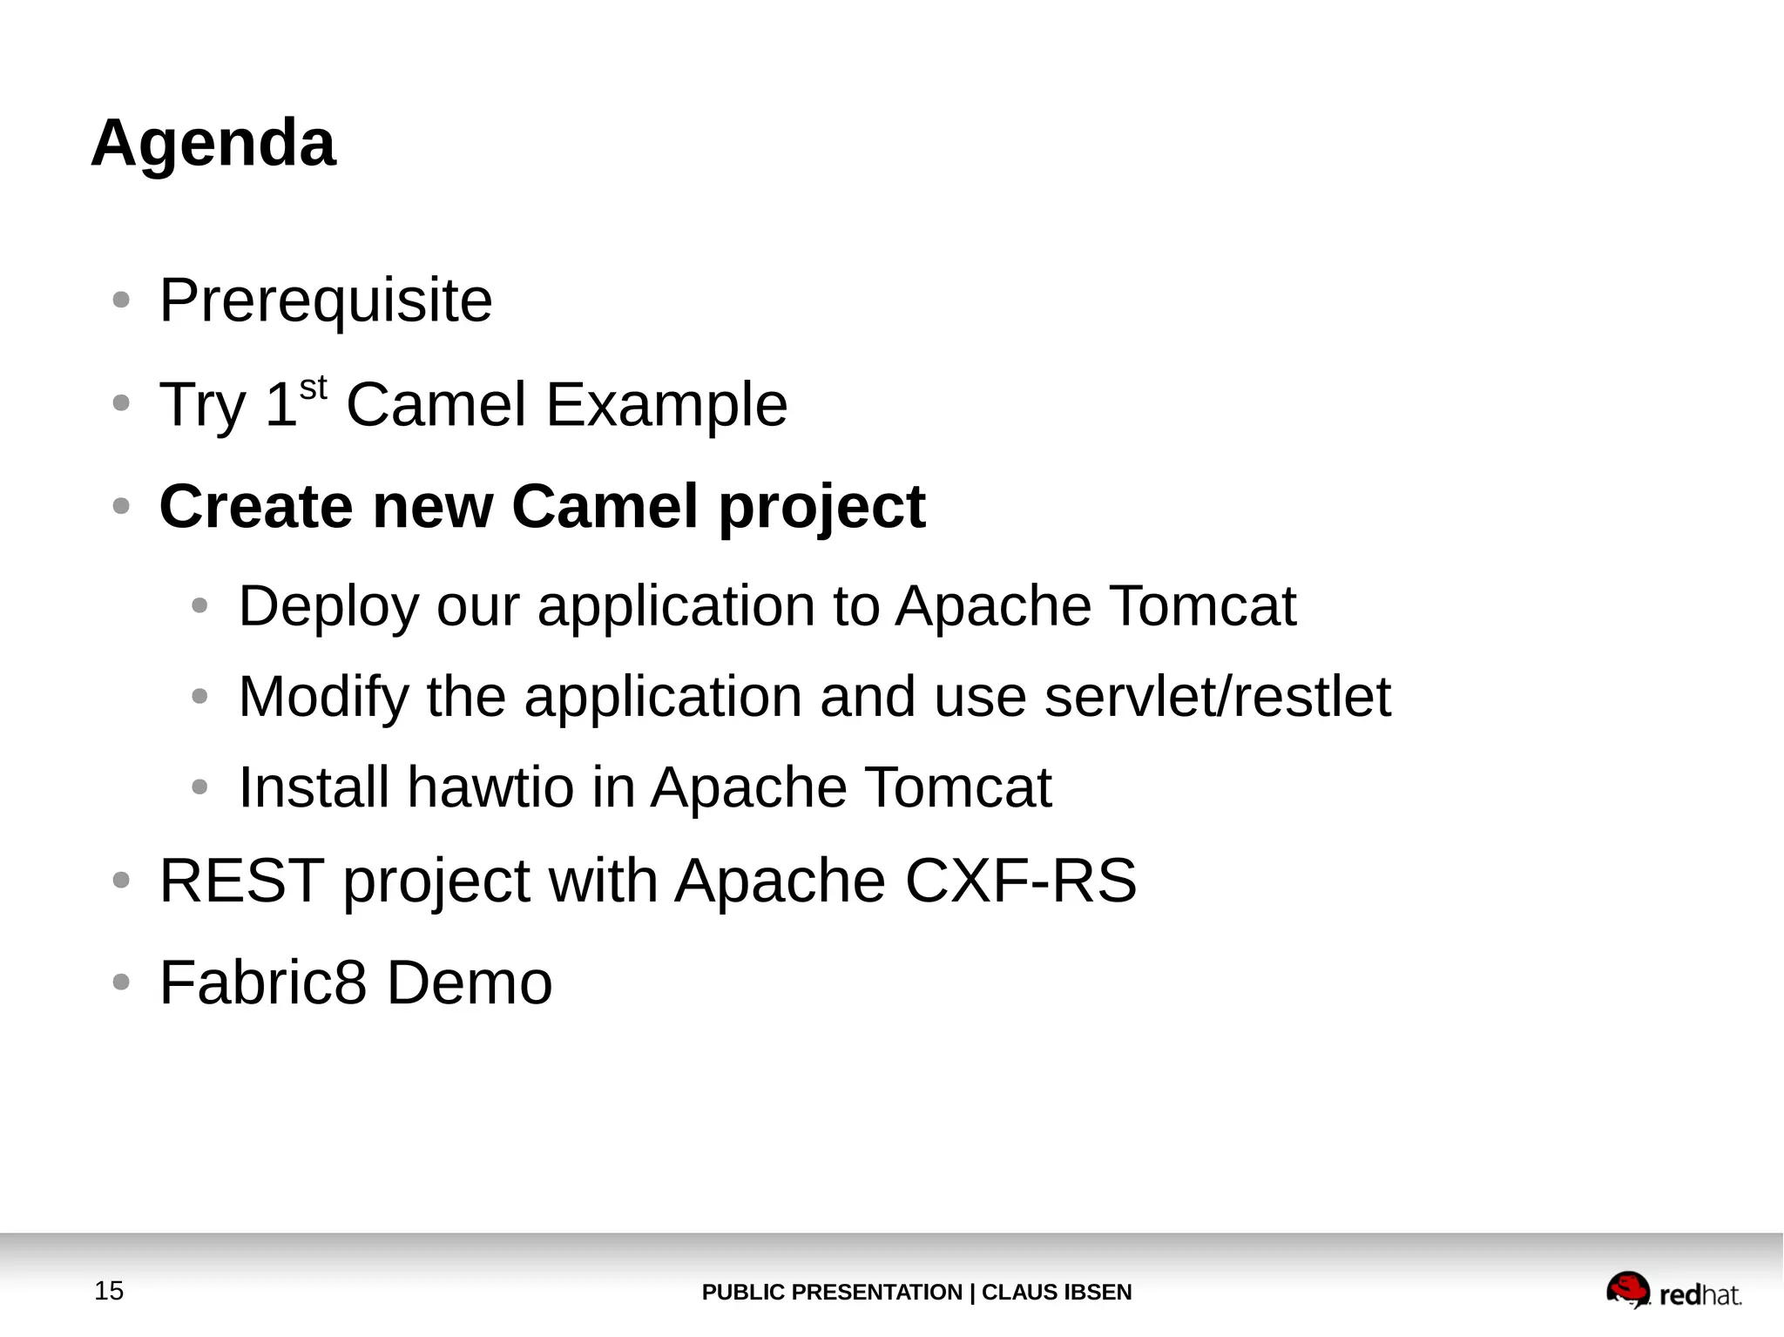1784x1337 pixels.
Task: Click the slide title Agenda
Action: (213, 144)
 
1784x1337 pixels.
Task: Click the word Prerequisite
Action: (326, 301)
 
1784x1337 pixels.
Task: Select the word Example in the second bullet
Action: (666, 405)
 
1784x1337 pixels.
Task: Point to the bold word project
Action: (821, 508)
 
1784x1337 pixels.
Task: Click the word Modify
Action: (323, 698)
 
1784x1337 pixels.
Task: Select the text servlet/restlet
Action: (1217, 697)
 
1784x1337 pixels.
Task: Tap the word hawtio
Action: (490, 787)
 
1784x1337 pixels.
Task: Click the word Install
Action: (314, 787)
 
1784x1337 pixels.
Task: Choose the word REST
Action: (242, 881)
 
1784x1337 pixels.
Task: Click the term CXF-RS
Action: (1020, 881)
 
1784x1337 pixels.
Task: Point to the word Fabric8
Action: (263, 982)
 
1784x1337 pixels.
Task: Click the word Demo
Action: (469, 982)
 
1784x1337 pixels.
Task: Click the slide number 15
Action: (109, 1291)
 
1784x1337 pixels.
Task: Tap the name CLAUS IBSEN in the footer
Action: (1057, 1293)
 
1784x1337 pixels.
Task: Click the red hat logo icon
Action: (1627, 1289)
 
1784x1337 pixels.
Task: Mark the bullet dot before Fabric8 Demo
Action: (122, 982)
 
